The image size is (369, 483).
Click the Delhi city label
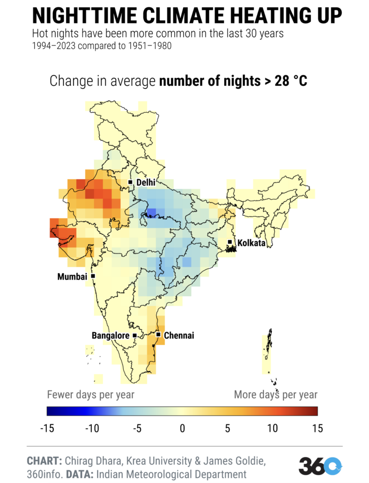click(146, 183)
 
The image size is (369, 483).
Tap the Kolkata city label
click(252, 243)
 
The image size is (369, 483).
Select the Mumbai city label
click(73, 277)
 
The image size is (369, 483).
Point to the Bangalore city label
click(110, 336)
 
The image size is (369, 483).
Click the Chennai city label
click(179, 336)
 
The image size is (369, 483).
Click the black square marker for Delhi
click(131, 182)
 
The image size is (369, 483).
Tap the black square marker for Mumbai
click(93, 276)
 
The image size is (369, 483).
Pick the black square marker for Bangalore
click(135, 336)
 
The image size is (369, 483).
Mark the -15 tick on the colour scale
click(47, 429)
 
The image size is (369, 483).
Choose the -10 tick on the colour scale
click(92, 429)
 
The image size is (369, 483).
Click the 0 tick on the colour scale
click(182, 429)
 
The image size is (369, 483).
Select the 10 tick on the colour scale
click(272, 429)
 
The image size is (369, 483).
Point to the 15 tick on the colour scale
click(317, 429)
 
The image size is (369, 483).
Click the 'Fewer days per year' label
click(91, 394)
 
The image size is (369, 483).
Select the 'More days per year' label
click(276, 394)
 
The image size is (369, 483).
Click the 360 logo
click(319, 466)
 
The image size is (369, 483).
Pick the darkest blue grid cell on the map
click(151, 213)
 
